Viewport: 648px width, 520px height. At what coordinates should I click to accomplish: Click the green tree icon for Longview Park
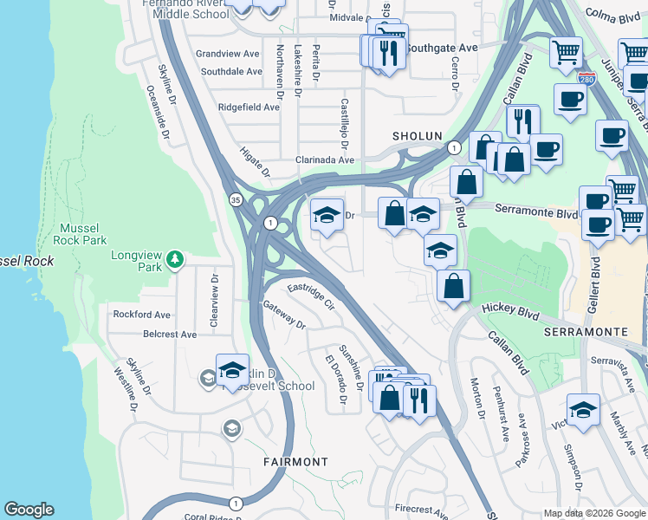[x=175, y=259]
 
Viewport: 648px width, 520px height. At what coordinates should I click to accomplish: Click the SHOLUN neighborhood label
[x=417, y=136]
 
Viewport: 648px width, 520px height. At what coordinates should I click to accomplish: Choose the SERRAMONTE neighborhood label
[x=585, y=332]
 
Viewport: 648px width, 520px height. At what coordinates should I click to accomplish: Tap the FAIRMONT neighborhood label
[x=295, y=462]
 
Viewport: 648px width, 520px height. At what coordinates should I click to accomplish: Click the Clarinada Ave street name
[x=325, y=159]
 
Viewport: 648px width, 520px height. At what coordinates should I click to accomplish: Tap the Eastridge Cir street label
[x=310, y=295]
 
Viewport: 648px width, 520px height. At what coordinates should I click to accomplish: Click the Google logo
[x=29, y=510]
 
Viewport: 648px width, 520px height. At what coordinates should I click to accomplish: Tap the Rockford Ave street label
[x=140, y=314]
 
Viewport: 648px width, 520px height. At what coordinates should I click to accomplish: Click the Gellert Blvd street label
[x=594, y=276]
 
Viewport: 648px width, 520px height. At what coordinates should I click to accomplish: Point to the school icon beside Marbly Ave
[x=583, y=410]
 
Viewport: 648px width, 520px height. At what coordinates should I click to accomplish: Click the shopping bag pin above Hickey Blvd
[x=453, y=285]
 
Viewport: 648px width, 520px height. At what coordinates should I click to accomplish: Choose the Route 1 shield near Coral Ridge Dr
[x=236, y=503]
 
